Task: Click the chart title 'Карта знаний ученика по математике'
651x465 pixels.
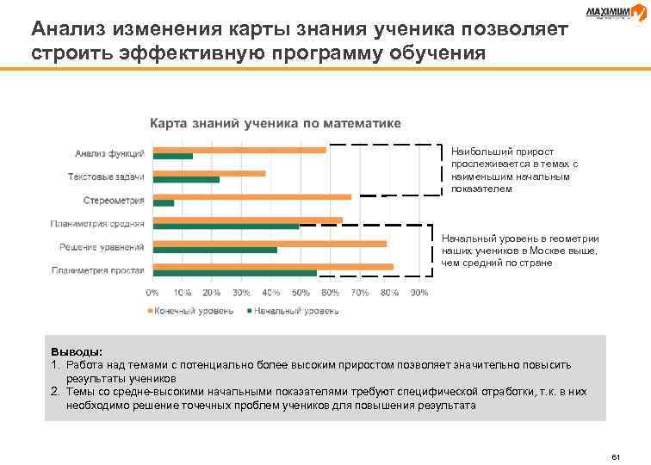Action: coord(276,123)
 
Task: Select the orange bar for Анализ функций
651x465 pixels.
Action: coord(239,150)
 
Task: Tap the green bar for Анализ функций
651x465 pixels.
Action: coord(172,157)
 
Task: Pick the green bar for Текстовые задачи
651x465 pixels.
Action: coord(186,180)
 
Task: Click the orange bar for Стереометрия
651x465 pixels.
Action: coord(251,196)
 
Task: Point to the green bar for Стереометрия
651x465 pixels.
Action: coord(163,203)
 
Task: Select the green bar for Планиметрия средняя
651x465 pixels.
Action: coord(226,226)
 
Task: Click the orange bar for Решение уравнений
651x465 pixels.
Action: coord(270,243)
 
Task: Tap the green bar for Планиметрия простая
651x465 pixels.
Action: coord(234,273)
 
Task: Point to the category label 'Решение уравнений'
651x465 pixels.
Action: coord(102,247)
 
